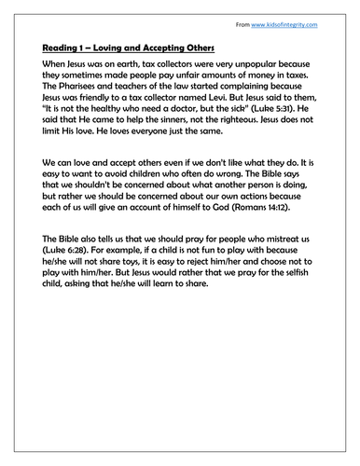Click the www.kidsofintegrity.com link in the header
point(293,18)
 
